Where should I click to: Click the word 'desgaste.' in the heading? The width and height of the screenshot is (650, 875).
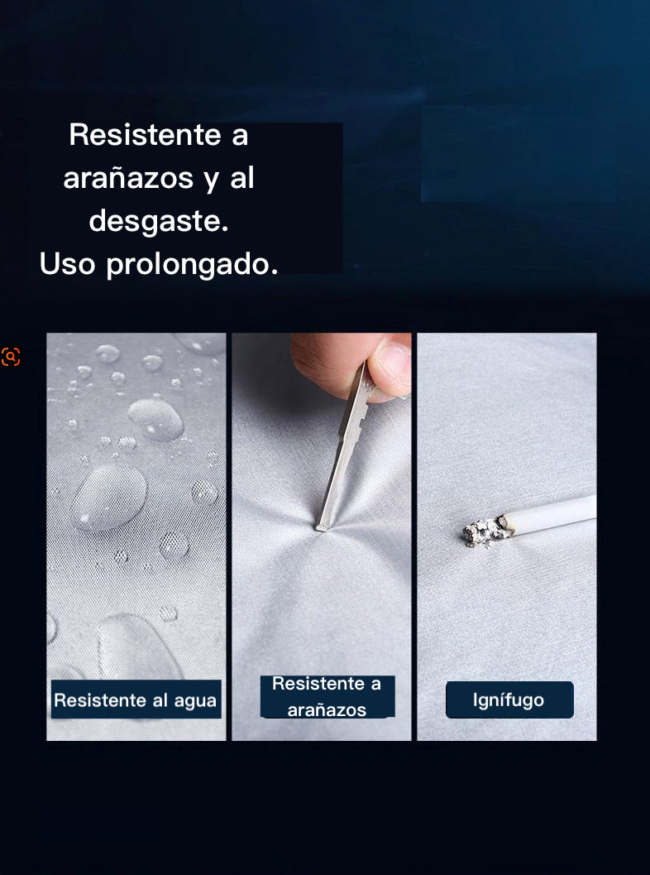pyautogui.click(x=158, y=221)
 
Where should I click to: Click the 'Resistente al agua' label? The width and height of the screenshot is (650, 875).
pyautogui.click(x=136, y=700)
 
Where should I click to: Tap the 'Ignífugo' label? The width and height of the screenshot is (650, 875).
pyautogui.click(x=509, y=700)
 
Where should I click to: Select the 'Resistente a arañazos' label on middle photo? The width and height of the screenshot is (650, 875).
pyautogui.click(x=327, y=696)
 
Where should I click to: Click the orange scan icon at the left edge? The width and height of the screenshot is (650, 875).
pyautogui.click(x=11, y=357)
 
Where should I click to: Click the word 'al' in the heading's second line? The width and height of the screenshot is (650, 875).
pyautogui.click(x=242, y=178)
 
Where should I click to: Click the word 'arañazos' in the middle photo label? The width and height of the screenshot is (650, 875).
pyautogui.click(x=327, y=710)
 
